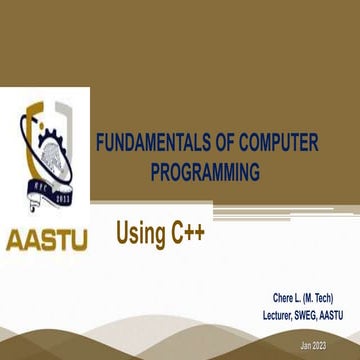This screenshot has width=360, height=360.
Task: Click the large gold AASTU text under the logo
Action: [47, 241]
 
